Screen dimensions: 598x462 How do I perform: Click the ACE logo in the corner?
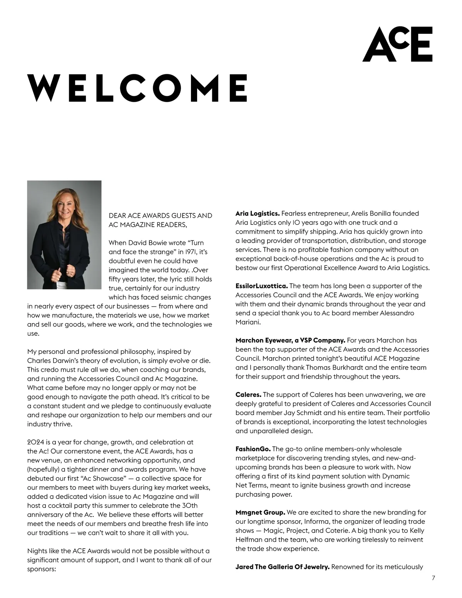397,44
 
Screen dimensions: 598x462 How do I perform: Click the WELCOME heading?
137,88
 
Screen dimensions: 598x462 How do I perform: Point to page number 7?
434,578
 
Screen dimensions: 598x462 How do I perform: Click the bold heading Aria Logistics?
258,213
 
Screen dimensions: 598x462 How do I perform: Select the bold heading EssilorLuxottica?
261,286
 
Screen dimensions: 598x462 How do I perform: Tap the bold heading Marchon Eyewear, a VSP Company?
290,340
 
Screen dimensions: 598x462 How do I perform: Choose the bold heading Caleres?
248,394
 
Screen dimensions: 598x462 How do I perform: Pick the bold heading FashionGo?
253,449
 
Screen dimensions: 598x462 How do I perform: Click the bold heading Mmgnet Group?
260,512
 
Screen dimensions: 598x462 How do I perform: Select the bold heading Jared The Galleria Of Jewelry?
282,567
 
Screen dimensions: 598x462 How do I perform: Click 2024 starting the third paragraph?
36,442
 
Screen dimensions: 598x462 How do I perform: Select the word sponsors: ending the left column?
42,569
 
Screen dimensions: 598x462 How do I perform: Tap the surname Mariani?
248,322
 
